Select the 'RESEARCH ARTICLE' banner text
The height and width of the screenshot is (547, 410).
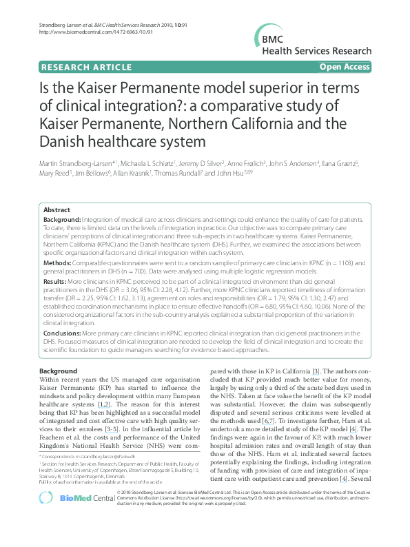87,67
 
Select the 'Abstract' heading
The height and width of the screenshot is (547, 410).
57,209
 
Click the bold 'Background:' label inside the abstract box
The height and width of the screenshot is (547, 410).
62,218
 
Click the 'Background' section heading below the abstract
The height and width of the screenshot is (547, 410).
59,371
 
